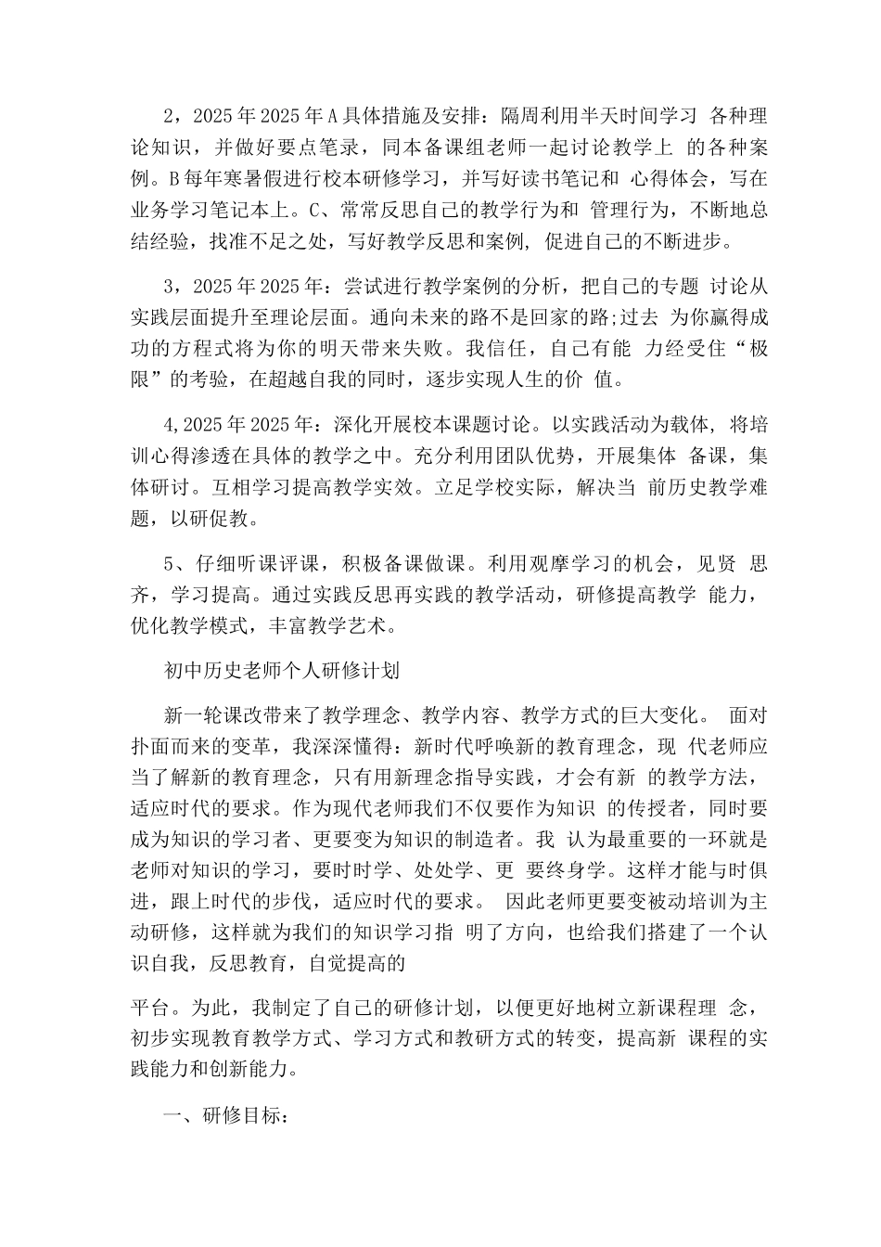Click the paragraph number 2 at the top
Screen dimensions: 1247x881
tap(168, 117)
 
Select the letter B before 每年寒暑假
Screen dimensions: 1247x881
tap(172, 176)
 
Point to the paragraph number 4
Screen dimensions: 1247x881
tap(168, 425)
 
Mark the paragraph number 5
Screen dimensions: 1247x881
tap(168, 564)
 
